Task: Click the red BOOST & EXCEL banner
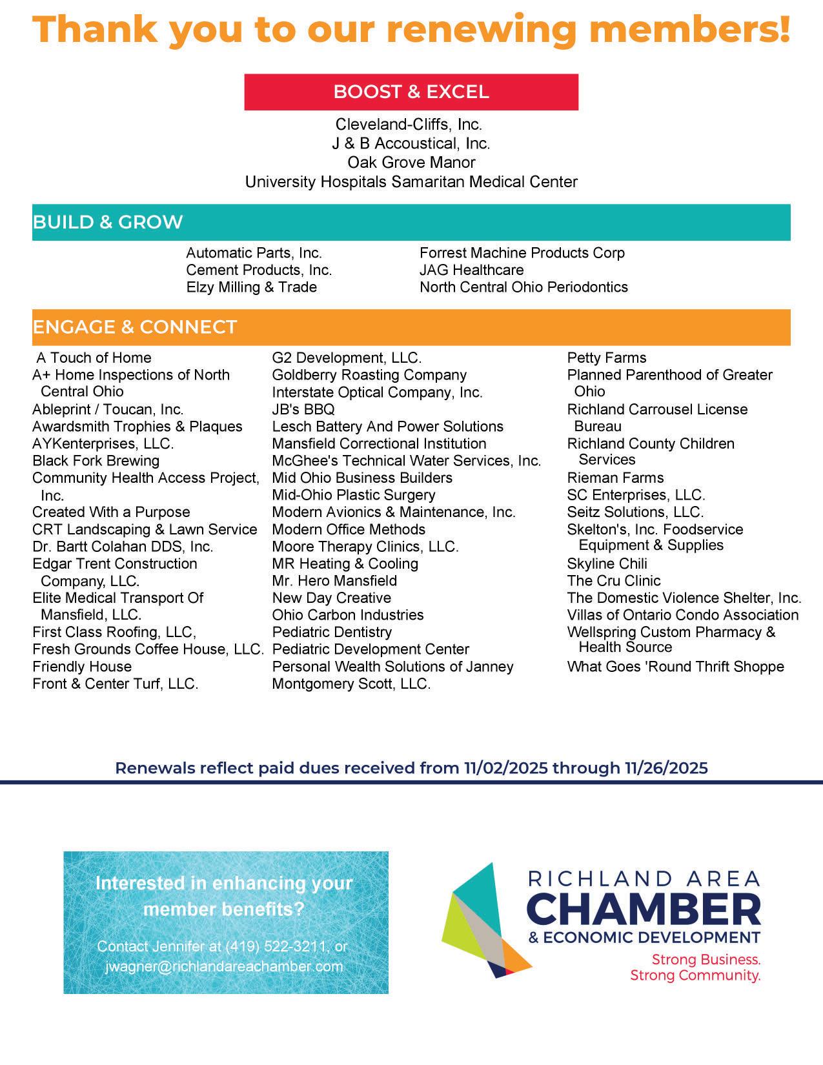tap(411, 92)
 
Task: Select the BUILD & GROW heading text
tap(108, 222)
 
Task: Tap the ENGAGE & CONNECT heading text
tap(135, 327)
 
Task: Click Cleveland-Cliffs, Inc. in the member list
tap(409, 124)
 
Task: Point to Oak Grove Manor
tap(411, 162)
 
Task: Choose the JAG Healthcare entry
tap(471, 270)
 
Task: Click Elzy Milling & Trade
tap(251, 287)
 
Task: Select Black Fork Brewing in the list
tap(96, 461)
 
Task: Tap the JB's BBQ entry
tap(303, 409)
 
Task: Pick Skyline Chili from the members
tap(607, 563)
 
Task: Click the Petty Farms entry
tap(606, 358)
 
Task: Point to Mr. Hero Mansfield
tap(334, 581)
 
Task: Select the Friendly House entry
tap(82, 666)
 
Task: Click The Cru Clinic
tap(614, 581)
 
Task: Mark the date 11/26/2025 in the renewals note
tap(666, 768)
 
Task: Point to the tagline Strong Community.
tap(695, 975)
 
